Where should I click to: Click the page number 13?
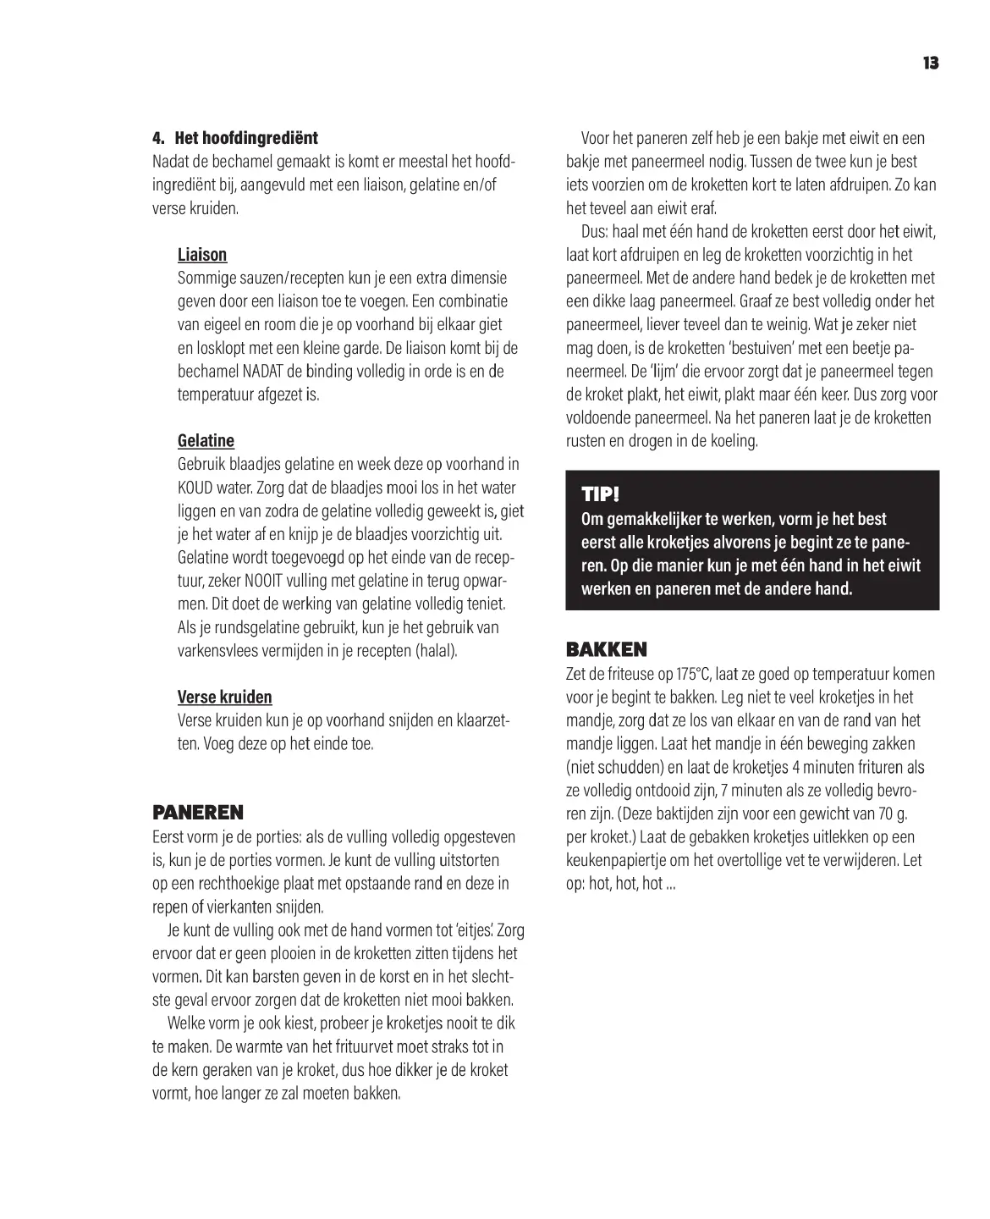click(931, 63)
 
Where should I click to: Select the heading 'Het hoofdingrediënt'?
click(246, 138)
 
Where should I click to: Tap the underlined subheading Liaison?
click(202, 255)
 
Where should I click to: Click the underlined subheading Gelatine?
click(206, 441)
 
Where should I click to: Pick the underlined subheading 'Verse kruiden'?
click(224, 698)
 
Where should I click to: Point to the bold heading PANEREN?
click(197, 814)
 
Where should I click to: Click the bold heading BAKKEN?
click(606, 650)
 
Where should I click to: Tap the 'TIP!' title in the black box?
click(600, 494)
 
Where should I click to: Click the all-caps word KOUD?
click(195, 488)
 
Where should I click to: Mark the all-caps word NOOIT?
click(271, 582)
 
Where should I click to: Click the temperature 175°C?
click(693, 675)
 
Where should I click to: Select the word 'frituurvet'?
click(341, 1046)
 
